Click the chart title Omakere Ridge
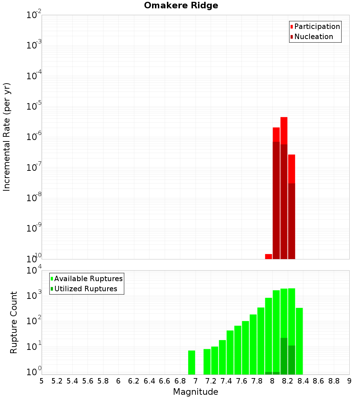pyautogui.click(x=181, y=6)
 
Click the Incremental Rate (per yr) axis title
pyautogui.click(x=7, y=137)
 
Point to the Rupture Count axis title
pyautogui.click(x=14, y=322)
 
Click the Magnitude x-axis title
pyautogui.click(x=195, y=392)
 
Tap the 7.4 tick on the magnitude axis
pyautogui.click(x=226, y=381)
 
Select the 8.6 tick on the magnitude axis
pyautogui.click(x=319, y=381)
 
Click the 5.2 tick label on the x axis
pyautogui.click(x=57, y=381)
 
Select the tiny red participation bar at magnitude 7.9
pyautogui.click(x=268, y=257)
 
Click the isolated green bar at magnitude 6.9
pyautogui.click(x=191, y=362)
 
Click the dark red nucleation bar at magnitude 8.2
pyautogui.click(x=291, y=221)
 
